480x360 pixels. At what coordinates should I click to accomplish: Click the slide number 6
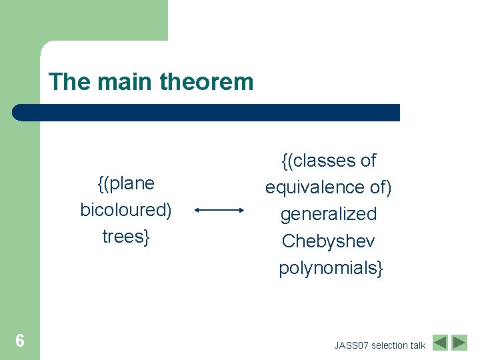point(20,341)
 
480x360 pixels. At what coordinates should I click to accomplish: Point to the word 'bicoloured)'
point(126,210)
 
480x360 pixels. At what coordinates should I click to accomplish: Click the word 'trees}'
point(126,237)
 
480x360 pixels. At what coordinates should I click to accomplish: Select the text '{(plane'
point(126,183)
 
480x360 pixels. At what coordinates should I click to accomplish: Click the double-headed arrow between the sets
point(221,211)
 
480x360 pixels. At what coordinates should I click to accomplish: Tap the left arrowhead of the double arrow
point(199,211)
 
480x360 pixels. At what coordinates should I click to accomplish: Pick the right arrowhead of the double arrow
point(242,211)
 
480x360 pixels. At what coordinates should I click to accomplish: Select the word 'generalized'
point(329,214)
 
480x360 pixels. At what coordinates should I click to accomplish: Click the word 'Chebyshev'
point(329,241)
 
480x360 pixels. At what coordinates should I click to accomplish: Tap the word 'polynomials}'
point(331,268)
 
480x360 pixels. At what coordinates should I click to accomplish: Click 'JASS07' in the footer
point(351,345)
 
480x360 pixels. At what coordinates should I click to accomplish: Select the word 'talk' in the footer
point(418,345)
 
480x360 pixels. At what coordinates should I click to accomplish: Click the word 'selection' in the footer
point(389,345)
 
